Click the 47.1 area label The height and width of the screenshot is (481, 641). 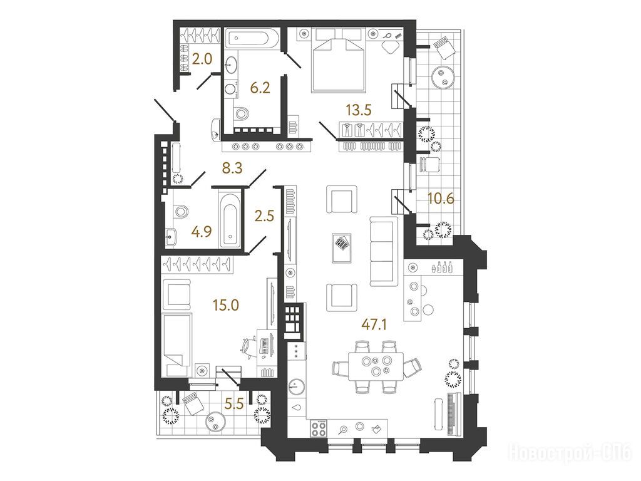pos(374,325)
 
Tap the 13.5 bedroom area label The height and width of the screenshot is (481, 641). pos(358,110)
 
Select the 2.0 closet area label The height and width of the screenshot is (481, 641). pos(202,59)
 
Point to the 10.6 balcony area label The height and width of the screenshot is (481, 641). pos(441,199)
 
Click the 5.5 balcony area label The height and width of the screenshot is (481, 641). pos(235,404)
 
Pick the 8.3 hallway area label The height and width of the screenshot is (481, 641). pos(233,167)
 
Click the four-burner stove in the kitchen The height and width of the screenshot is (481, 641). pos(319,429)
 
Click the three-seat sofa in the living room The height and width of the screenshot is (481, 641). pos(384,251)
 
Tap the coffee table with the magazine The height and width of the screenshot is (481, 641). pos(342,248)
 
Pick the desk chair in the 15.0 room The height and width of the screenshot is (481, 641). pos(249,348)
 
